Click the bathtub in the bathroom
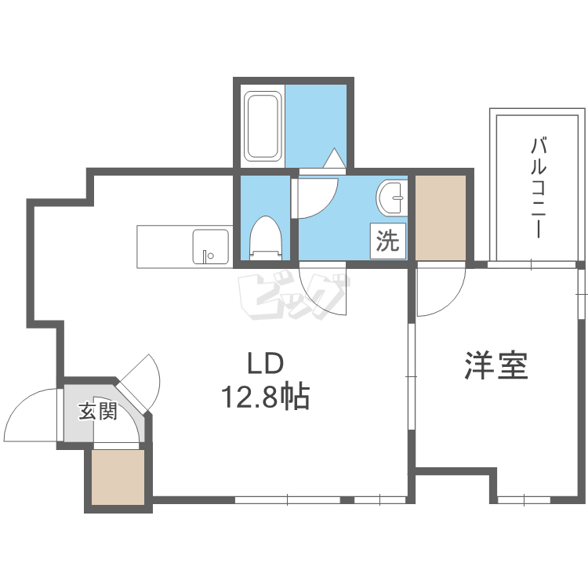(263, 126)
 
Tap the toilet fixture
(266, 238)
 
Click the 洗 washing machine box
(388, 241)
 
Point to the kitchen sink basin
(211, 247)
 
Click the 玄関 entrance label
(98, 411)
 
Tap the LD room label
(265, 363)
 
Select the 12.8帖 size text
(266, 397)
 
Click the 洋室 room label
(496, 365)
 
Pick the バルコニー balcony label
(539, 188)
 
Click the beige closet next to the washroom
(441, 217)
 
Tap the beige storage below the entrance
(118, 477)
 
